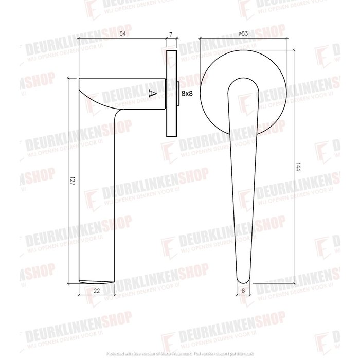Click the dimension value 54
point(123,34)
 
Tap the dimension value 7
point(171,34)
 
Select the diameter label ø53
point(243,34)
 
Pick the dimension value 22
point(97,291)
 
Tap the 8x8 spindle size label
point(187,93)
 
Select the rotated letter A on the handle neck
point(151,93)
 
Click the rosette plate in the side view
point(171,93)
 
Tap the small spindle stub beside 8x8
point(177,93)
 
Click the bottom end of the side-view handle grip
point(97,281)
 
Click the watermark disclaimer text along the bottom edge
point(180,355)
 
